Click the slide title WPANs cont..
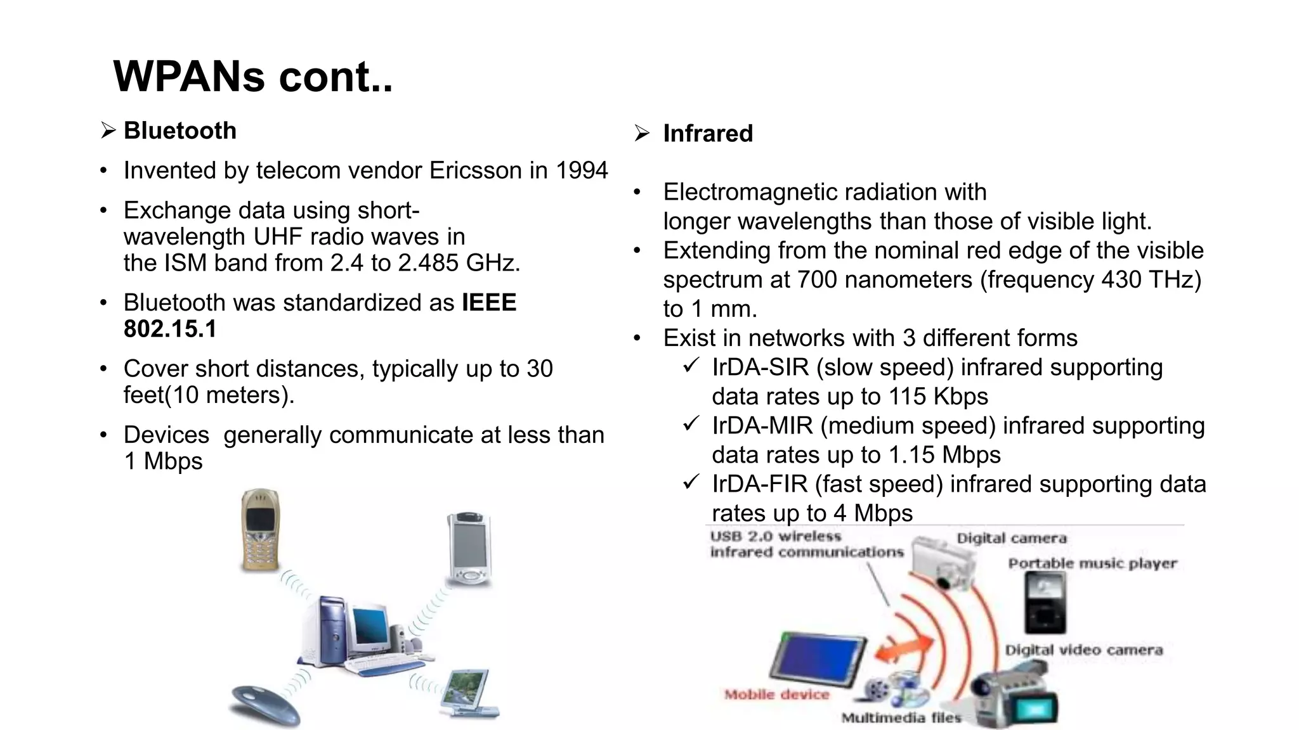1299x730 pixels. (x=252, y=77)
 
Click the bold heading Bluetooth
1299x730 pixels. (x=180, y=131)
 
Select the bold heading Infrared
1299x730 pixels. (x=707, y=134)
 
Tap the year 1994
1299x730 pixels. (x=582, y=170)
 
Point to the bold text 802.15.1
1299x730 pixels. (x=170, y=329)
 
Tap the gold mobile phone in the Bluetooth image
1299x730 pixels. (x=260, y=529)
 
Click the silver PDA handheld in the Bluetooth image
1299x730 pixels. (x=469, y=548)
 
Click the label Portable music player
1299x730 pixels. (x=1092, y=563)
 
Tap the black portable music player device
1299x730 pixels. (x=1045, y=602)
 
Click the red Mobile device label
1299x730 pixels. (x=776, y=695)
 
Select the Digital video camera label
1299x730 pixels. (x=1083, y=650)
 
